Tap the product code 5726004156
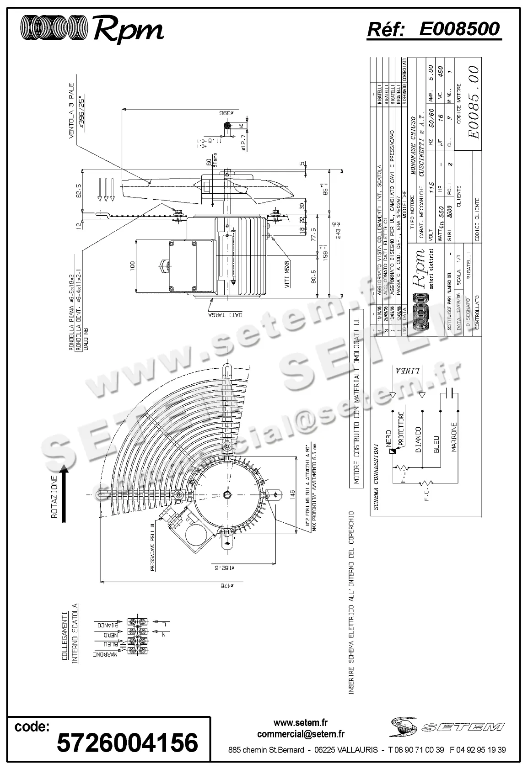(x=127, y=742)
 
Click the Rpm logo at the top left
(x=92, y=29)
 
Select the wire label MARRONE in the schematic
(x=453, y=436)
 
